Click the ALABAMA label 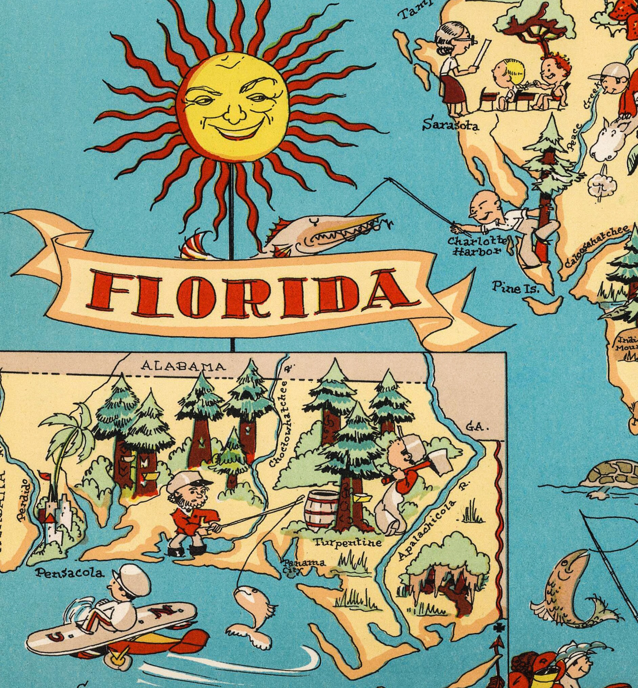click(184, 366)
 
